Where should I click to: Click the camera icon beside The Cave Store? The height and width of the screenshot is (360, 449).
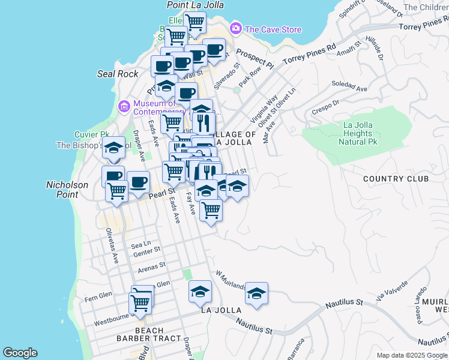pos(236,29)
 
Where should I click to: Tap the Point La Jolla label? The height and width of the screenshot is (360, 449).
pos(195,5)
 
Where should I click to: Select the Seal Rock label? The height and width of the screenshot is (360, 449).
pos(118,74)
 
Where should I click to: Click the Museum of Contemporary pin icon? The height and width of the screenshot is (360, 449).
pos(124,106)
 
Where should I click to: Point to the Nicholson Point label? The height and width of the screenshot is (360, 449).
pos(67,190)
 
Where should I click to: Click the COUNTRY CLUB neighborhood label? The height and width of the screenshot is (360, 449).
pos(396,179)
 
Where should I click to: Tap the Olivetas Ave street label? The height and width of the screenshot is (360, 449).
pos(112,245)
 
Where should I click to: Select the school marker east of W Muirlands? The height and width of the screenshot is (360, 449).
pos(256,294)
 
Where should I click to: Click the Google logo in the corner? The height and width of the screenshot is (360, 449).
pos(20,353)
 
